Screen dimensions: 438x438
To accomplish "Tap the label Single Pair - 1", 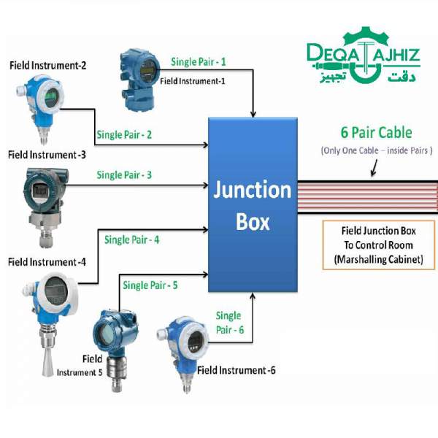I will point(199,62).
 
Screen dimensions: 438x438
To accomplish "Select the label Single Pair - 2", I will point(124,135).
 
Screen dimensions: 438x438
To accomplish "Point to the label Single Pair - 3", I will point(124,175).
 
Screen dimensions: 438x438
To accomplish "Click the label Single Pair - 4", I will point(131,239).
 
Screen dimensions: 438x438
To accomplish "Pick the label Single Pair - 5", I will point(150,285).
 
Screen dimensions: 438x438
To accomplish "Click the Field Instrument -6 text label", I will point(237,371).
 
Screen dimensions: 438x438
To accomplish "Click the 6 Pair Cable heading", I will point(376,133).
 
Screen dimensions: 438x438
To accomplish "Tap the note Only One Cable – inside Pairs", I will point(377,150).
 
